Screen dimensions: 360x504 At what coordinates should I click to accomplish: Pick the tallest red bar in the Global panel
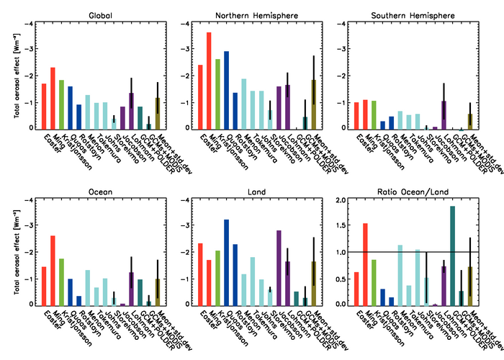(53, 98)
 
